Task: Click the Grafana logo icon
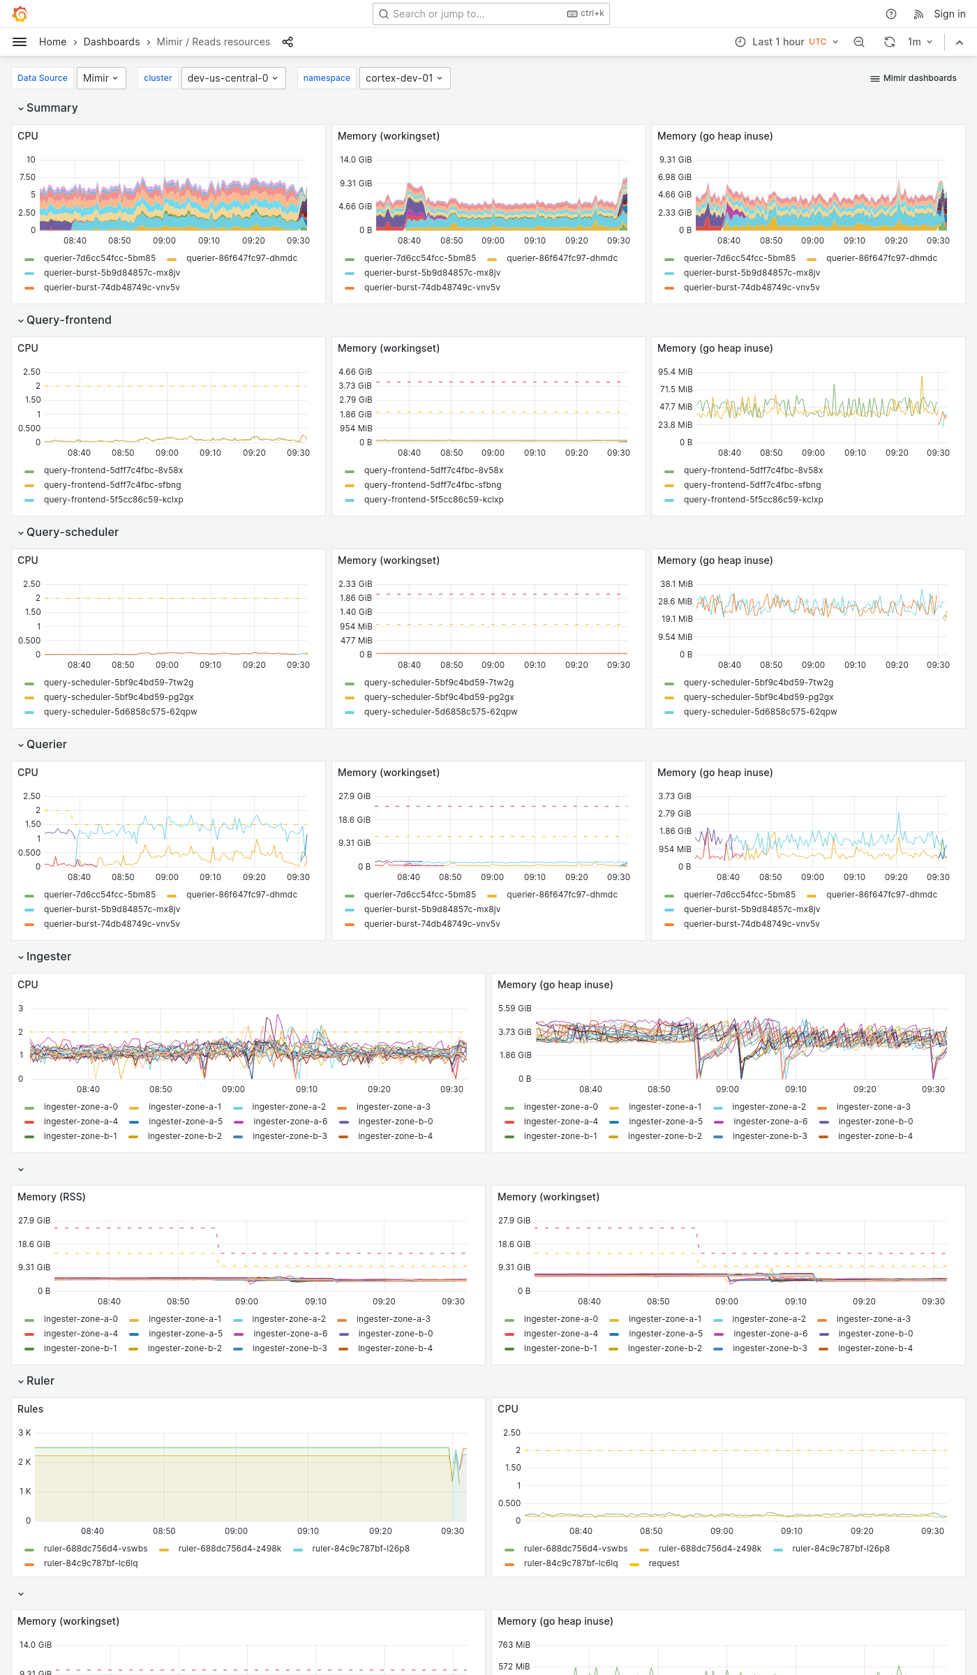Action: [x=20, y=13]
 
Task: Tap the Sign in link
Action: [x=949, y=14]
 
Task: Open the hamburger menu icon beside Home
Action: [x=20, y=42]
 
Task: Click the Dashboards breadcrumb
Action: [x=112, y=42]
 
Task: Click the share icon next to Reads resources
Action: [x=288, y=42]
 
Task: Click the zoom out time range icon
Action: [x=859, y=42]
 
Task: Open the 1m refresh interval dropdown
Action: [x=920, y=42]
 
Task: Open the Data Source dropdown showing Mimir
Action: [x=101, y=78]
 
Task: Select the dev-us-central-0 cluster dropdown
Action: [x=232, y=78]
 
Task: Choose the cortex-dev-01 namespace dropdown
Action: [x=404, y=78]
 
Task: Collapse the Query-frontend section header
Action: [x=68, y=320]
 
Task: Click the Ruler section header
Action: [x=40, y=1380]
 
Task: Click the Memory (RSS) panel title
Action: [x=51, y=1197]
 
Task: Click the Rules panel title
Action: [x=30, y=1409]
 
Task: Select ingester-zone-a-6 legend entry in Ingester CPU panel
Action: [x=290, y=1122]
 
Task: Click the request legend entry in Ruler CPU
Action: [x=663, y=1563]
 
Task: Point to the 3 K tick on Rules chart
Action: [x=24, y=1433]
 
